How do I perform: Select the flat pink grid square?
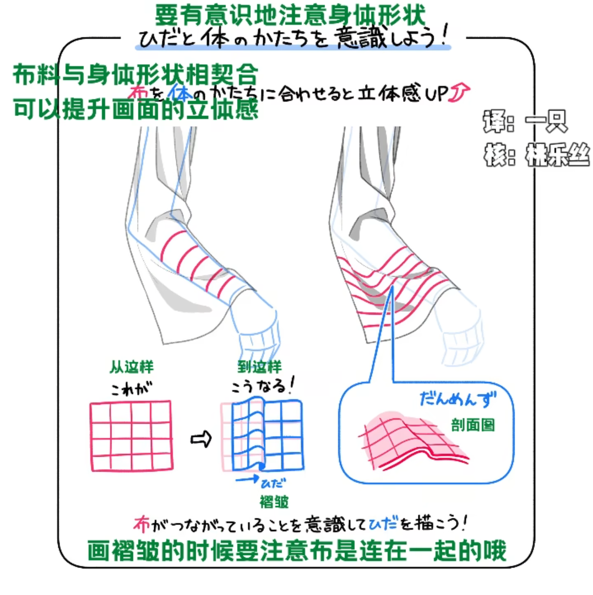(x=131, y=436)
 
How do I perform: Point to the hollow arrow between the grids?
(x=200, y=439)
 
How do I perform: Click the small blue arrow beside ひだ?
(x=246, y=480)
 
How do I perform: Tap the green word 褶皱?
(x=274, y=502)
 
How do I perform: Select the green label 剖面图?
(x=471, y=425)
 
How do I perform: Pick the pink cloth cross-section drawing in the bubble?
(x=413, y=441)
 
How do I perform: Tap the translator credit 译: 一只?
(x=524, y=121)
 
